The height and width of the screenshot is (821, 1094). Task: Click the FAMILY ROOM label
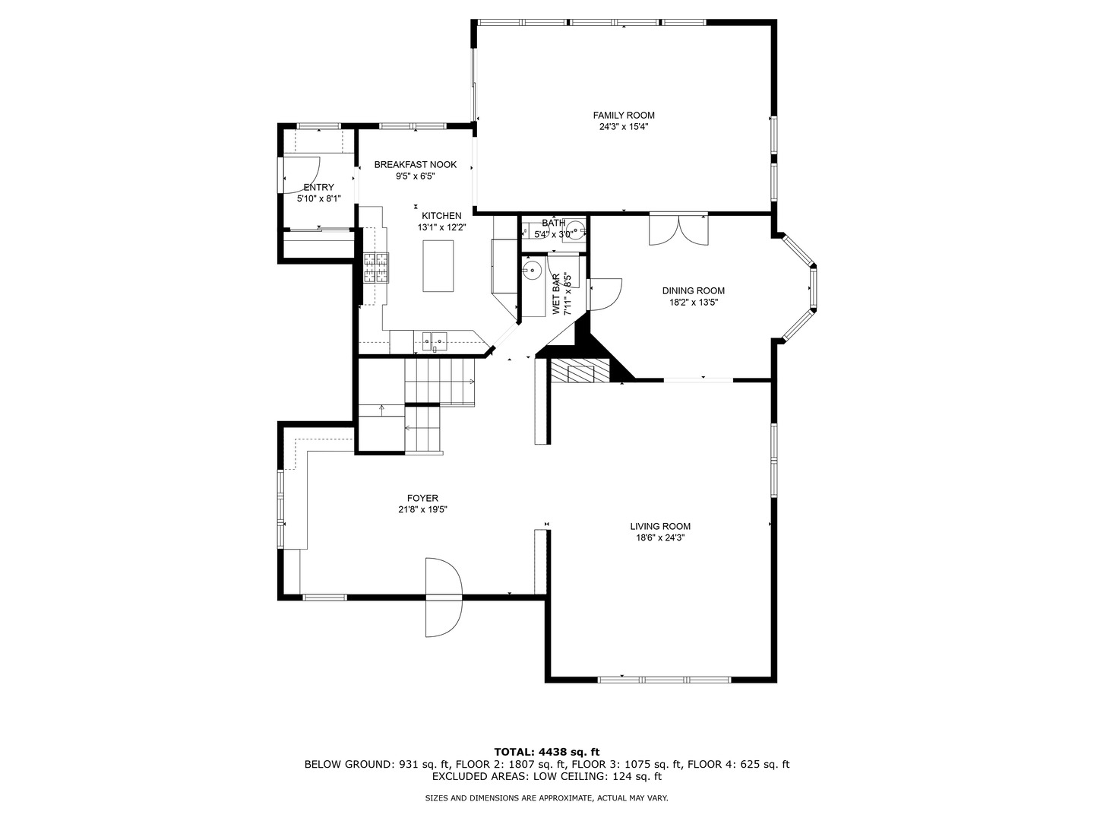click(x=623, y=116)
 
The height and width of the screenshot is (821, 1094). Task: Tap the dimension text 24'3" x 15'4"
click(x=623, y=128)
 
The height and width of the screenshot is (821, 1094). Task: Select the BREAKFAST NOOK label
click(x=415, y=164)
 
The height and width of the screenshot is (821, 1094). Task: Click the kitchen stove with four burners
click(x=375, y=267)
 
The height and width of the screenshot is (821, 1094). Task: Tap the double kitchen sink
click(x=432, y=340)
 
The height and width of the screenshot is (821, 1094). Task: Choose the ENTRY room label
click(x=318, y=187)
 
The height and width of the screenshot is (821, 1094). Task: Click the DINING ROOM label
click(x=693, y=290)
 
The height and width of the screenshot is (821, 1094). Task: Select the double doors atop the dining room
click(x=678, y=230)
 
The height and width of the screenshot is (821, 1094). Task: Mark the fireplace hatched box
click(x=580, y=372)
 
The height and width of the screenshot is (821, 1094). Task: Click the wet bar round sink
click(x=533, y=268)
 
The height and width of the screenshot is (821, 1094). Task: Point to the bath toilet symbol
click(x=577, y=228)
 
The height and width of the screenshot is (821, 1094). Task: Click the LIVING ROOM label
click(x=659, y=526)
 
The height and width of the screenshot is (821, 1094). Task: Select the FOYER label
click(x=422, y=499)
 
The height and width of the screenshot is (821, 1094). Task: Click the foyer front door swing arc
click(x=444, y=597)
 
